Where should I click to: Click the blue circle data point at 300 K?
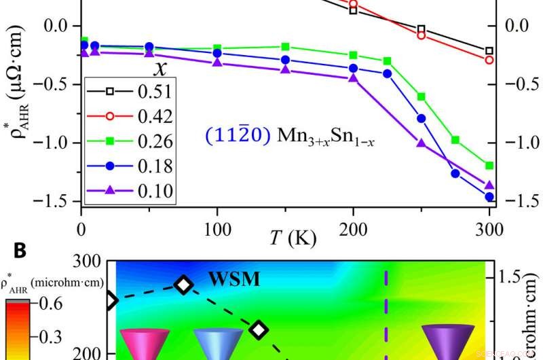pyautogui.click(x=489, y=197)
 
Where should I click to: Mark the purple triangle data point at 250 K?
pyautogui.click(x=421, y=143)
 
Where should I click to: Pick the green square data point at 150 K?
pyautogui.click(x=285, y=47)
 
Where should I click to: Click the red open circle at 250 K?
pyautogui.click(x=421, y=35)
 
